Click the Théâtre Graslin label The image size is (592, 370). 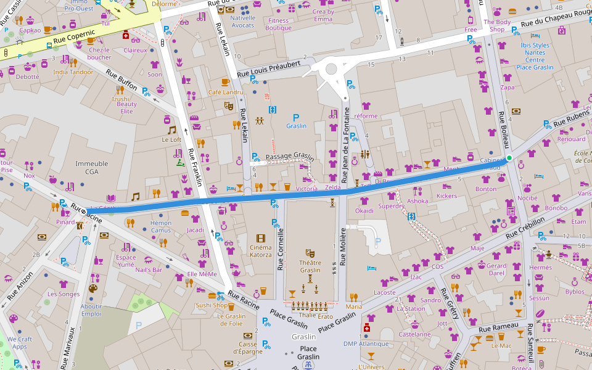point(310,266)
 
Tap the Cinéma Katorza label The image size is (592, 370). point(260,250)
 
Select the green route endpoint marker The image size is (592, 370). point(509,158)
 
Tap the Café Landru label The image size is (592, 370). point(225,92)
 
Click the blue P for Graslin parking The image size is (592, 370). point(296,117)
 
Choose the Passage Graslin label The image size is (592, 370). point(290,157)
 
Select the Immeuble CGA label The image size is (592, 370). point(91,168)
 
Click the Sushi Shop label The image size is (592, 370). point(212,305)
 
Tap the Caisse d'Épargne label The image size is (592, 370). point(248,348)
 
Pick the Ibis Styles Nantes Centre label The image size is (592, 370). point(534,56)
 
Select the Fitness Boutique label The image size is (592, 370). point(278,24)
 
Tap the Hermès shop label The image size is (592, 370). point(540,268)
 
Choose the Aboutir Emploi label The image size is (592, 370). point(91,310)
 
